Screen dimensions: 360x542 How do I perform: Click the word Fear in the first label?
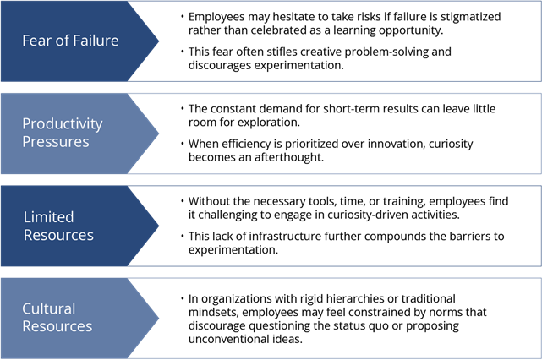[x=36, y=41]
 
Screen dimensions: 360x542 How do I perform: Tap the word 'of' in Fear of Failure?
[x=61, y=41]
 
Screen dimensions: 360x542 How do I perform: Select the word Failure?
[x=95, y=41]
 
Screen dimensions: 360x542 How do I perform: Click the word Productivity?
[x=62, y=124]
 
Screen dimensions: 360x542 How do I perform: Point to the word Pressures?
[x=55, y=142]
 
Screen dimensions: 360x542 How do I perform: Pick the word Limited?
[x=48, y=217]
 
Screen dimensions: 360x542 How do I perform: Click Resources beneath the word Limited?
[x=58, y=235]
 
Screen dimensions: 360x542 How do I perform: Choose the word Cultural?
[x=48, y=308]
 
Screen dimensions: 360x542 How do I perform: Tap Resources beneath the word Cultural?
[x=57, y=326]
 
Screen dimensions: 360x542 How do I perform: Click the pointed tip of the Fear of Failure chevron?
[x=157, y=41]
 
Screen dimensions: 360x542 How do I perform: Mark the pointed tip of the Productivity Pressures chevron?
[x=157, y=133]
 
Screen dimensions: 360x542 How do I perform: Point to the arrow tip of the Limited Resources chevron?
[x=157, y=226]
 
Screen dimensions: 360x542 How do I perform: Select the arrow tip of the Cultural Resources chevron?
[x=157, y=318]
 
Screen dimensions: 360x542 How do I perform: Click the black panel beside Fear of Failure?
[x=347, y=41]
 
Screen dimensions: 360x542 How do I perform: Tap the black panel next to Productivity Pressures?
[x=347, y=133]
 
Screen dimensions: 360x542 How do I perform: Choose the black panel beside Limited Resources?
[x=347, y=226]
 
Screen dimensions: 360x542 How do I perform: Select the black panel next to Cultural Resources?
[x=347, y=318]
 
